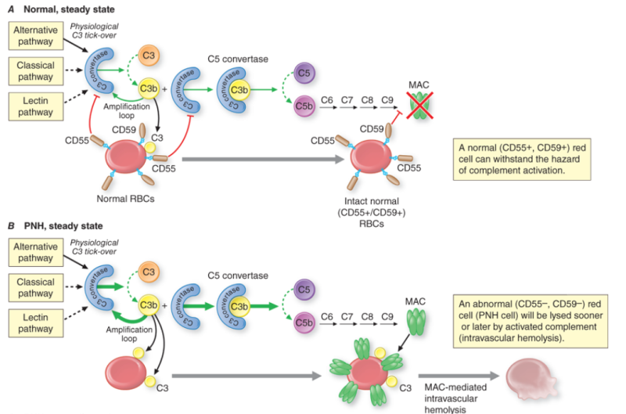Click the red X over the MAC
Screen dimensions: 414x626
click(421, 103)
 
